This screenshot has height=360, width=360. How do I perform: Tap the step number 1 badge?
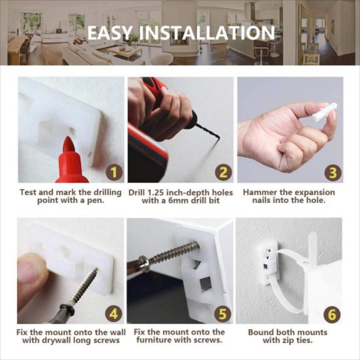[x=114, y=173]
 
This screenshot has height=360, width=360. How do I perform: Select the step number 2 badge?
[x=223, y=173]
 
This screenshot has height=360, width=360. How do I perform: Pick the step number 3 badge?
[x=333, y=173]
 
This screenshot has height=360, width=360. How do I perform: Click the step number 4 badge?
[x=113, y=314]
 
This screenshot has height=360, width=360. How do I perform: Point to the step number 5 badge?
[x=223, y=314]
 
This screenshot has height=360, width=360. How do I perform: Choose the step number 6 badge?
[x=332, y=315]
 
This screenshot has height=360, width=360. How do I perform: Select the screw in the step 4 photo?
[x=81, y=288]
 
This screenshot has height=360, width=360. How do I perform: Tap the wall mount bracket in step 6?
[x=269, y=262]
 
